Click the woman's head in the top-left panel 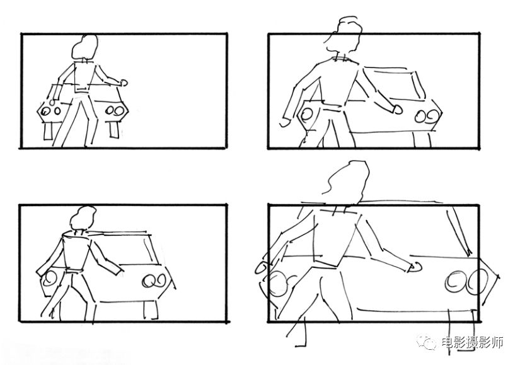coord(85,47)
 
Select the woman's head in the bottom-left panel coord(83,217)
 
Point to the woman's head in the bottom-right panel coord(347,182)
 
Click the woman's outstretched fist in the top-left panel coord(124,83)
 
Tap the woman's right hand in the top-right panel coord(397,110)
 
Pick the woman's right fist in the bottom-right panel coord(416,267)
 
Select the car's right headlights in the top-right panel coord(427,116)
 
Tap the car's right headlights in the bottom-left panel coord(154,281)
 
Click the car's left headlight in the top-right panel coord(306,115)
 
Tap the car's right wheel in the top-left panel coord(113,130)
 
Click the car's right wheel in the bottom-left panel coord(151,310)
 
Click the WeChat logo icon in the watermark coord(427,342)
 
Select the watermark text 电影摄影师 coord(473,342)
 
